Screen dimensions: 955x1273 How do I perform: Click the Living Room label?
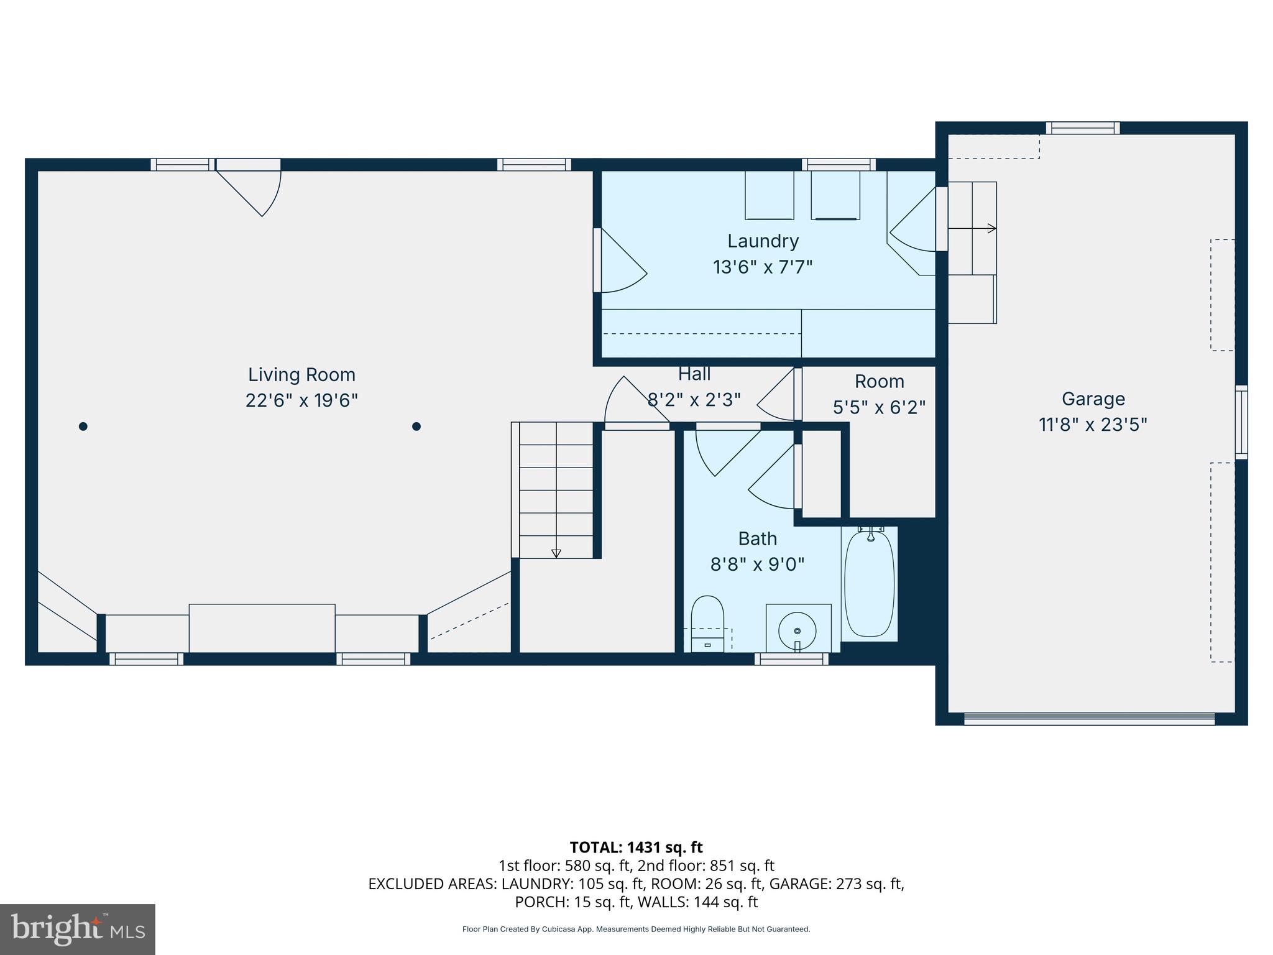[301, 375]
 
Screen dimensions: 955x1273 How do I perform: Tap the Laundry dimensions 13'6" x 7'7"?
[763, 267]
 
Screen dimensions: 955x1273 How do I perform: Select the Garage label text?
[1093, 399]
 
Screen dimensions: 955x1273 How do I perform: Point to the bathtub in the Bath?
[869, 583]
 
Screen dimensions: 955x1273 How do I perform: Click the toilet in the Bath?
[707, 622]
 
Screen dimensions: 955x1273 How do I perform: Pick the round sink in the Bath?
[797, 630]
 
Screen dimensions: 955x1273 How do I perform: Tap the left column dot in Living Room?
[83, 427]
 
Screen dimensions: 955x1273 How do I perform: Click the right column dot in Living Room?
[416, 427]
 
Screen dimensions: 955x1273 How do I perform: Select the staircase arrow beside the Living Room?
[556, 553]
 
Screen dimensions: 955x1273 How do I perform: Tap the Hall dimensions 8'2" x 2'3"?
[694, 399]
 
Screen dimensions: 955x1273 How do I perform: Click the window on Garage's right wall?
[1241, 422]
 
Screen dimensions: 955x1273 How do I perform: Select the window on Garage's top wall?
[1082, 128]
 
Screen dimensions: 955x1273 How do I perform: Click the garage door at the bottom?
[1089, 719]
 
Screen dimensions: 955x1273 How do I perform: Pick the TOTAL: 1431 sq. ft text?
[636, 847]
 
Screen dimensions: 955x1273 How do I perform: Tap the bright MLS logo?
[77, 929]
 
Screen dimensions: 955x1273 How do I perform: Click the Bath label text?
[757, 538]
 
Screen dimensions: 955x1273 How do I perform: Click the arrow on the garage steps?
[991, 229]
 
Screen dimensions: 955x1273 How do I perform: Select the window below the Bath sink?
[791, 659]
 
